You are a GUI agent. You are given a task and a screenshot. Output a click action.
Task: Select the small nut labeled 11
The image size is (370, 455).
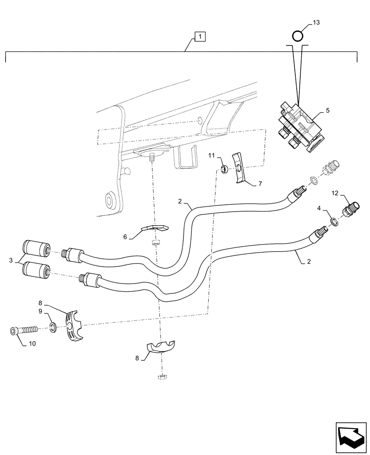pyautogui.click(x=225, y=169)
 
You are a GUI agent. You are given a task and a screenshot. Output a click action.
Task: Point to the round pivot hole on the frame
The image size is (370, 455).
pyautogui.click(x=109, y=198)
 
